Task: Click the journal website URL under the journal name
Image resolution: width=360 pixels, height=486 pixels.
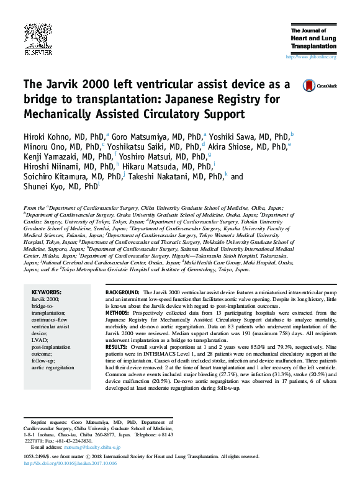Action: coord(310,57)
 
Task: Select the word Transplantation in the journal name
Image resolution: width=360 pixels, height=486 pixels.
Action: coord(313,46)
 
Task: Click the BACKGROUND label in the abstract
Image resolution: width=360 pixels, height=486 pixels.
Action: coord(122,292)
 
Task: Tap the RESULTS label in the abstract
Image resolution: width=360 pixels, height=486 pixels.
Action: coord(116,346)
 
